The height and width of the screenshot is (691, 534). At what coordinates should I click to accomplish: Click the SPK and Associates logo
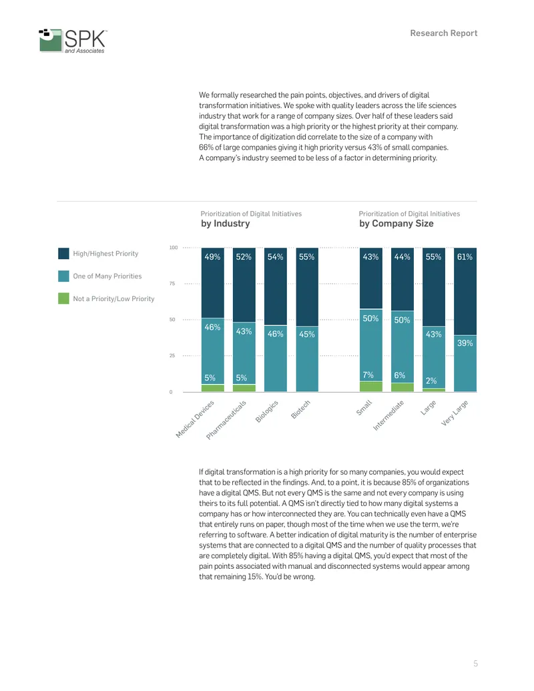click(x=73, y=41)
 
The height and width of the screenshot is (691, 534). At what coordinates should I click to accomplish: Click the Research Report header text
click(x=444, y=33)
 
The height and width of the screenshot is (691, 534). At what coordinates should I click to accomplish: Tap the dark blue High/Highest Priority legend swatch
click(x=63, y=254)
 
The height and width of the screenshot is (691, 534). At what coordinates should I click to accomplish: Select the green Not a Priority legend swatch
click(x=63, y=298)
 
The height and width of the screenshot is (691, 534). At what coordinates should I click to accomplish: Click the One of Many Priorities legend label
click(x=107, y=276)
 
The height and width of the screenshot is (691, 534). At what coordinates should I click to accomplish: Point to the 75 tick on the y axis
click(x=172, y=283)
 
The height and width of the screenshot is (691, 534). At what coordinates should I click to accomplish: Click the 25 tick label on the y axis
click(x=172, y=356)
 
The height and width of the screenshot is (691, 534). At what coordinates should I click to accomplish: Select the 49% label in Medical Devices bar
click(x=212, y=257)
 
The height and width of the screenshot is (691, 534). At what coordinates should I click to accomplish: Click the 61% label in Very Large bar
click(x=465, y=257)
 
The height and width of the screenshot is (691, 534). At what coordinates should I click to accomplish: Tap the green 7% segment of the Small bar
click(x=371, y=387)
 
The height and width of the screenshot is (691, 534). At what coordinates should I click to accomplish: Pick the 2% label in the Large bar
click(x=431, y=381)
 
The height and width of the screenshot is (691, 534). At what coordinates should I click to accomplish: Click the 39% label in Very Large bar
click(x=465, y=343)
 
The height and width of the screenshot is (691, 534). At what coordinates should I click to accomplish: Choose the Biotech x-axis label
click(x=301, y=409)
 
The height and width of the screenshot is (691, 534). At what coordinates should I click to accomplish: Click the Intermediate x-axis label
click(x=388, y=415)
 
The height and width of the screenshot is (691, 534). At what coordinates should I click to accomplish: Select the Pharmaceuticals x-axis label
click(x=226, y=420)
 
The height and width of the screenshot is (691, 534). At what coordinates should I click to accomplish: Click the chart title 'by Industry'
click(x=225, y=224)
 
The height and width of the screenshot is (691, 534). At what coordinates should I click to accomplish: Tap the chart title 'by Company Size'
click(x=396, y=224)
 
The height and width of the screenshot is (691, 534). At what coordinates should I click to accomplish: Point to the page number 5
click(x=475, y=663)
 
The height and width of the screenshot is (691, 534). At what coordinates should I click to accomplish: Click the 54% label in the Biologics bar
click(x=276, y=257)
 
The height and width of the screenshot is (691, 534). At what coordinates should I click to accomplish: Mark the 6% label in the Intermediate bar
click(x=400, y=375)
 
